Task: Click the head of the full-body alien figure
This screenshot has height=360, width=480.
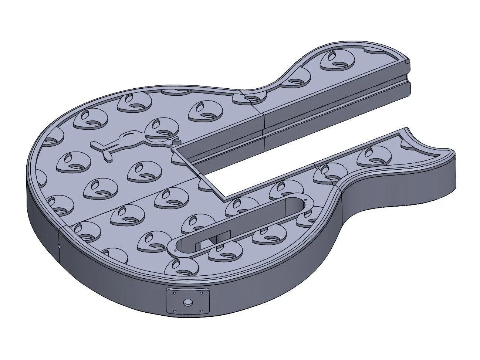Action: pos(159,128)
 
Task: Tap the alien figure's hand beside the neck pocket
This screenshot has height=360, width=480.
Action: pos(176,140)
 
